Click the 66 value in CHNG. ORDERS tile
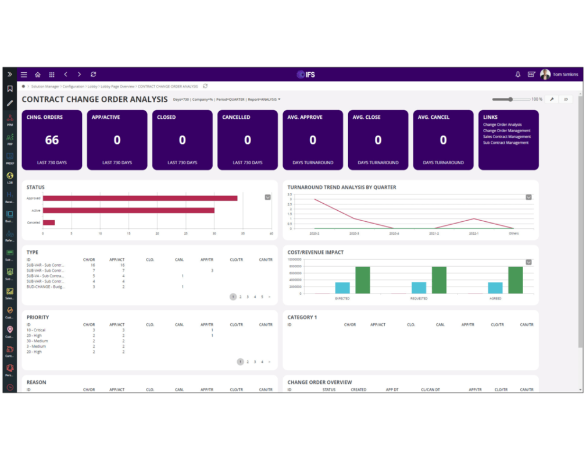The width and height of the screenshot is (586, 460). (52, 140)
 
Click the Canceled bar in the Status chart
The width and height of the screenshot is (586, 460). (48, 222)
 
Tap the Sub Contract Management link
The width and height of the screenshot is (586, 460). (506, 143)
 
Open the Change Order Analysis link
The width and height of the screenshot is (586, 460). (502, 125)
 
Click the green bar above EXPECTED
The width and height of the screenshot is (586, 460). (363, 279)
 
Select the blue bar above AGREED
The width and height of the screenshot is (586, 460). (495, 288)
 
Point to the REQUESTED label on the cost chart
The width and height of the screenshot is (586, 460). (419, 298)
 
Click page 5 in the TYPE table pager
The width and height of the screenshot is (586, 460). (262, 297)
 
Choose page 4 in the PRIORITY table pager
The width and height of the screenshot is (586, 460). (262, 362)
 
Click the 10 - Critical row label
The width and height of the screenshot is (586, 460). (36, 330)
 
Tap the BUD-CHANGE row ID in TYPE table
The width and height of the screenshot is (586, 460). (45, 286)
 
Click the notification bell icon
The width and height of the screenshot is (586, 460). (518, 75)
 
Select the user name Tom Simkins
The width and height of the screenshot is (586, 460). (565, 75)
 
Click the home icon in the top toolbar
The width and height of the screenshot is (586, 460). (38, 75)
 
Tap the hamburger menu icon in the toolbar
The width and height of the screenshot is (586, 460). (24, 75)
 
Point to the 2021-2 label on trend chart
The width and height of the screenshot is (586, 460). (434, 233)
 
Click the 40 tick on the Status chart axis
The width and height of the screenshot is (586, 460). (271, 233)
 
